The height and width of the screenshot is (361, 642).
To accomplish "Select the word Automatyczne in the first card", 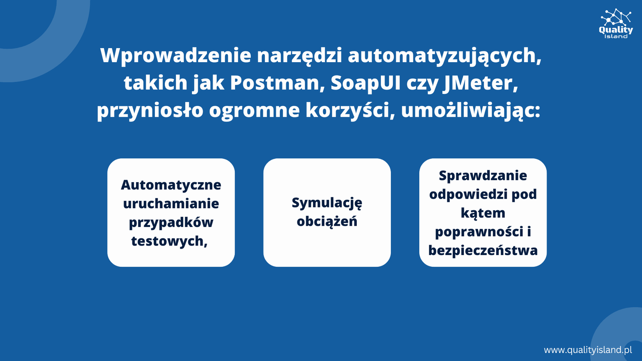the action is click(x=171, y=185).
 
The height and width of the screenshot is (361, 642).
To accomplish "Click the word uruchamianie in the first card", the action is click(x=171, y=203).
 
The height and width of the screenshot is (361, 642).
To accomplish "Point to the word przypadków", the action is click(x=171, y=223).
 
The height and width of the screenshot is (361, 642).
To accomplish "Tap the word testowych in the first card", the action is click(x=169, y=241).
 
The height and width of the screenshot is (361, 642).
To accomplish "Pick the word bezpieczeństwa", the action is click(x=483, y=250).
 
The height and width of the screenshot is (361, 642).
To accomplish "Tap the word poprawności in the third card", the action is click(x=479, y=232).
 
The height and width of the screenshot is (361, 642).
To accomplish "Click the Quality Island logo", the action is click(x=616, y=24).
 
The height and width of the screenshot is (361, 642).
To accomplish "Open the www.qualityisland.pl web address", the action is click(x=588, y=350).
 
